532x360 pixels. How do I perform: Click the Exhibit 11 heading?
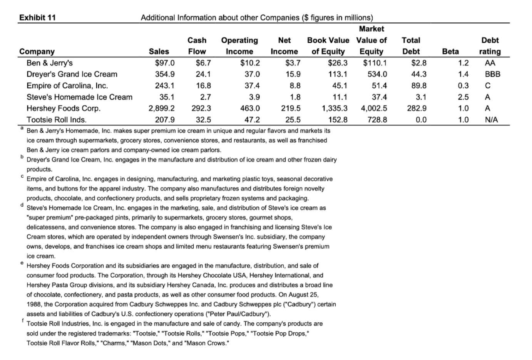37,17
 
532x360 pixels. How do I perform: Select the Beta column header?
450,52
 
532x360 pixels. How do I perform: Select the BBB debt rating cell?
490,74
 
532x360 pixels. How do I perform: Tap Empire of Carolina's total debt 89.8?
418,85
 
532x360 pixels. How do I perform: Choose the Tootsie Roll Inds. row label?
56,120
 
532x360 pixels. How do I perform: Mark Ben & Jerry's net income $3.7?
293,63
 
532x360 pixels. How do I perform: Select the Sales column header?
159,52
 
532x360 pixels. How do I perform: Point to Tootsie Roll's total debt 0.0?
421,120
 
